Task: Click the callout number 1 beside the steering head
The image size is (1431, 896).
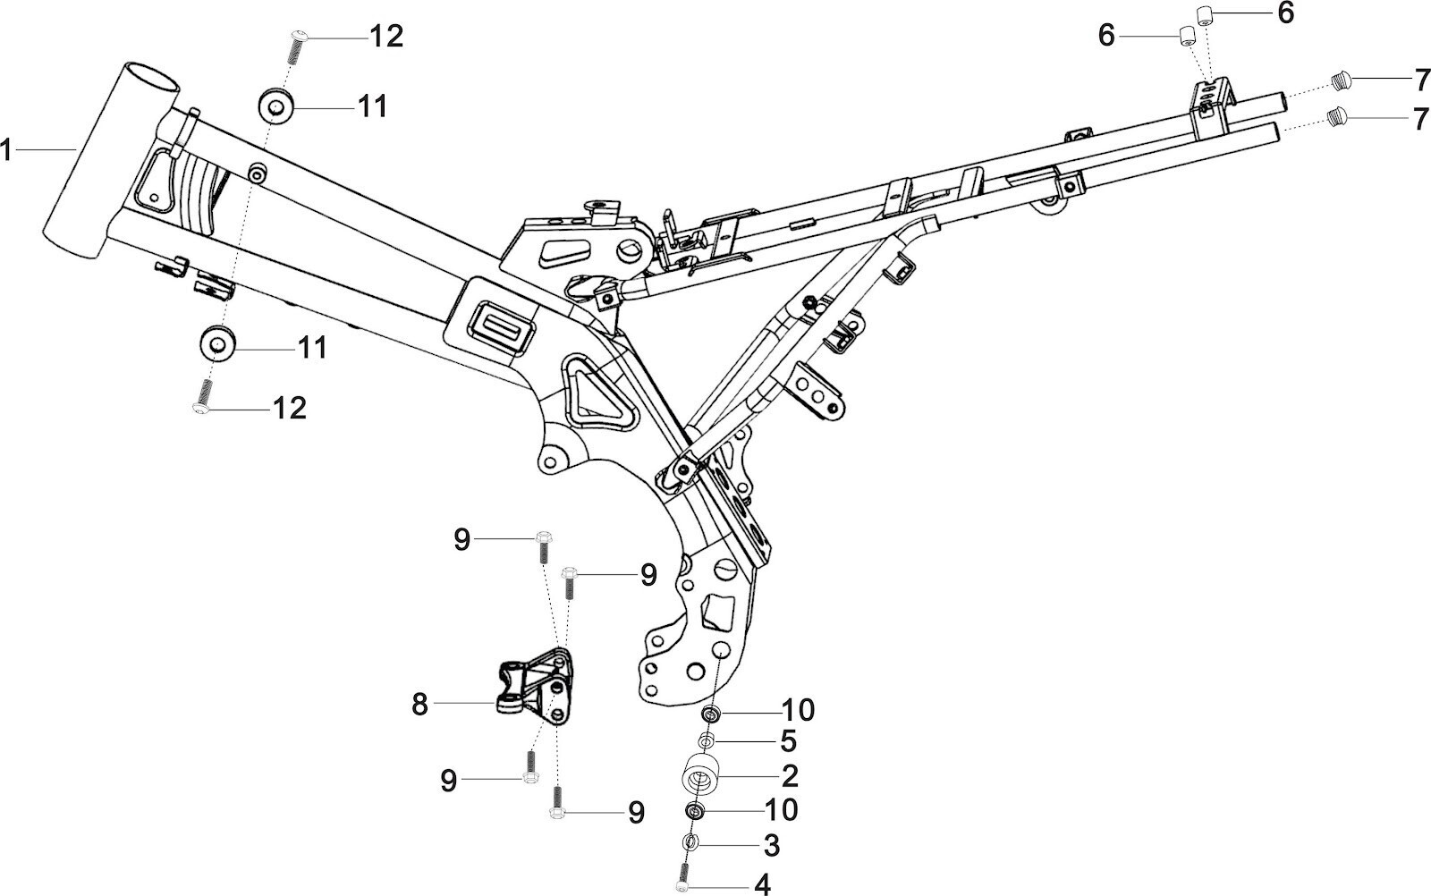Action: click(x=6, y=150)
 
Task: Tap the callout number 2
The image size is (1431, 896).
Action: click(x=789, y=775)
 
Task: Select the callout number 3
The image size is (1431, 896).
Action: click(x=771, y=845)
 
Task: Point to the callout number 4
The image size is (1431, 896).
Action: click(x=762, y=885)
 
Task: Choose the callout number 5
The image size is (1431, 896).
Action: click(x=787, y=741)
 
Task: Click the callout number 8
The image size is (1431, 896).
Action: click(x=419, y=705)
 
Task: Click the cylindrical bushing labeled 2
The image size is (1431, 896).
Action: click(x=702, y=775)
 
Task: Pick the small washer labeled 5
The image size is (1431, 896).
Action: click(x=707, y=740)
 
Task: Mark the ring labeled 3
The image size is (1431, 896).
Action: click(x=690, y=842)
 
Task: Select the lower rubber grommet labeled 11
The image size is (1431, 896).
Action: click(x=216, y=343)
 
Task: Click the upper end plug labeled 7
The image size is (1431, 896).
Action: click(x=1339, y=81)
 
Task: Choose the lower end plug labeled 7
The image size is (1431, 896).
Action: click(x=1338, y=116)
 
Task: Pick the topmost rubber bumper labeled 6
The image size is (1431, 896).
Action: click(x=1204, y=15)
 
